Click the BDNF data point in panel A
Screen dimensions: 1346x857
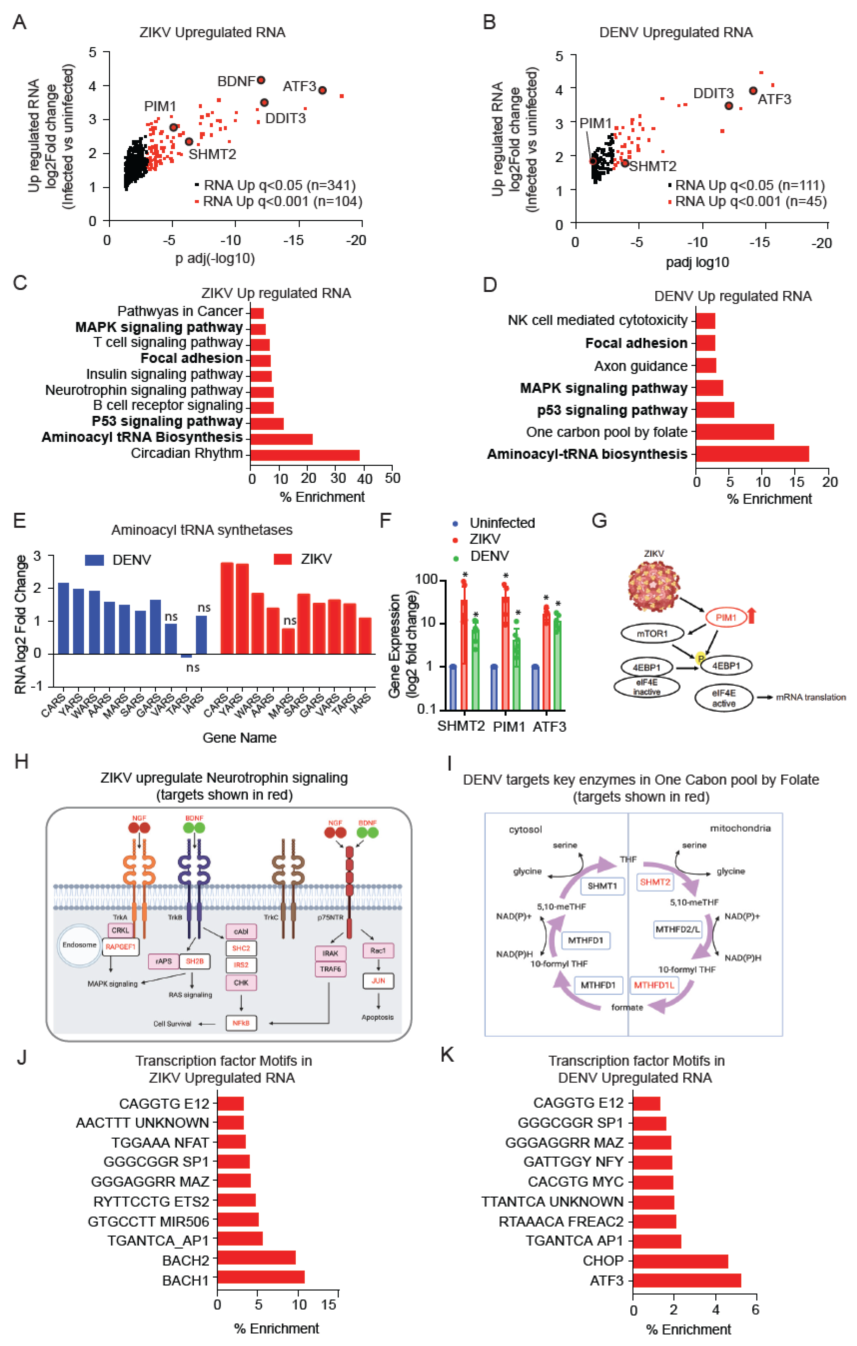click(x=261, y=80)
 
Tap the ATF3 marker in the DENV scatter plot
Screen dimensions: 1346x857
click(x=753, y=91)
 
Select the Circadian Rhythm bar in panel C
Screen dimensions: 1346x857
click(x=305, y=455)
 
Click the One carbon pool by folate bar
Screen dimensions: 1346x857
click(x=735, y=432)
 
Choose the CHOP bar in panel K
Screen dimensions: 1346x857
click(x=680, y=1261)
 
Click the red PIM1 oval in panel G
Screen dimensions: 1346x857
click(x=726, y=617)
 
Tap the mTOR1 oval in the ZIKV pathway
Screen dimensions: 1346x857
click(x=652, y=633)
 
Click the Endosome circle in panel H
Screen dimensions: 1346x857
click(x=80, y=945)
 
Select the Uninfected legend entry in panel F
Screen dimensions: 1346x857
click(x=495, y=523)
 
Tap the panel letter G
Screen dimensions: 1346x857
click(x=599, y=521)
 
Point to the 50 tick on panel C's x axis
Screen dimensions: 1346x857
click(x=392, y=478)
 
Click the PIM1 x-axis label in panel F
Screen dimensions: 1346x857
click(x=509, y=727)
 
